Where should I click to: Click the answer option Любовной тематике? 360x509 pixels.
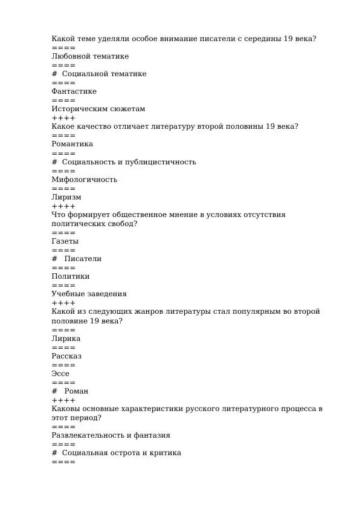click(x=90, y=56)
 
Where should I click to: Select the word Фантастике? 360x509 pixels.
click(x=74, y=91)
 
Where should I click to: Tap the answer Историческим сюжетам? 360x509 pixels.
click(x=98, y=109)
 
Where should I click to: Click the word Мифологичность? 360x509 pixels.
click(x=85, y=180)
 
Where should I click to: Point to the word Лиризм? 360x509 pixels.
click(x=66, y=197)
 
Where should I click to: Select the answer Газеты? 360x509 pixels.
click(x=65, y=241)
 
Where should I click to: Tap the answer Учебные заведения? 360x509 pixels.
click(x=89, y=294)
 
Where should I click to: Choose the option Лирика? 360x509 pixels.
click(x=66, y=339)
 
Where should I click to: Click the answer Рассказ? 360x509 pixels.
click(x=66, y=356)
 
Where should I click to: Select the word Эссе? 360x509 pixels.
click(x=60, y=374)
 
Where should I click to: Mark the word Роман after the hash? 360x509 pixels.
click(x=76, y=391)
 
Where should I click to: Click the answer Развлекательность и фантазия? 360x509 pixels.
click(x=111, y=435)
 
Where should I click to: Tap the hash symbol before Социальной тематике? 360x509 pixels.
click(x=54, y=74)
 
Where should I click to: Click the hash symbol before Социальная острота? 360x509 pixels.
click(x=54, y=453)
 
